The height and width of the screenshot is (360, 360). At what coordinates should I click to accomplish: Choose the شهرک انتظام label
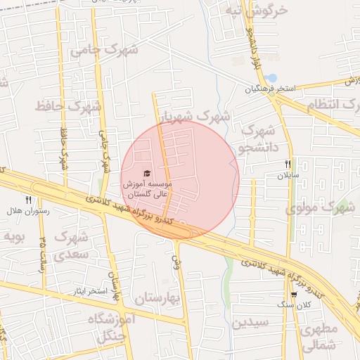332,106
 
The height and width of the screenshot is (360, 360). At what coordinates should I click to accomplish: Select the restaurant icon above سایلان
288,164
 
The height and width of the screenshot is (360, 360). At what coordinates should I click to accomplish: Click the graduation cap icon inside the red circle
147,174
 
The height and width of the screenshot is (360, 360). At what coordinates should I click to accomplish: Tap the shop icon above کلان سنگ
294,295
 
